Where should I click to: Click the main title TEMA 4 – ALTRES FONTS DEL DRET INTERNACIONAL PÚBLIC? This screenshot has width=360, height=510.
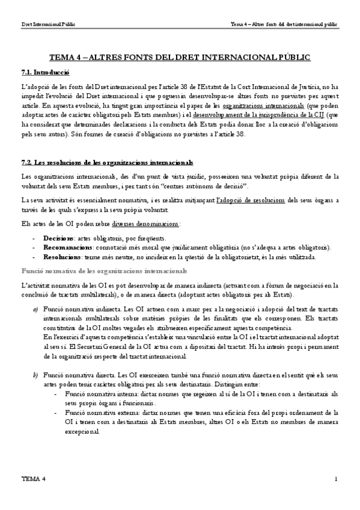pyautogui.click(x=180, y=57)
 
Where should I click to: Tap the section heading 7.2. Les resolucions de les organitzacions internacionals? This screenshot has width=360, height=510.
pyautogui.click(x=107, y=163)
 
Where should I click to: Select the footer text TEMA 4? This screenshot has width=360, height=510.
pyautogui.click(x=33, y=479)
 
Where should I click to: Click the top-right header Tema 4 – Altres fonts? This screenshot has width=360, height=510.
pyautogui.click(x=284, y=25)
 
